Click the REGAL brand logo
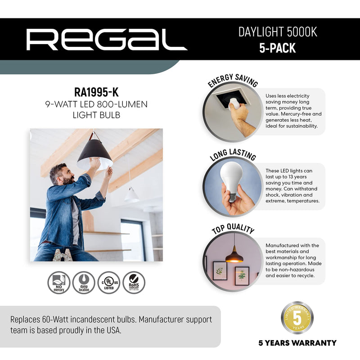pyautogui.click(x=107, y=40)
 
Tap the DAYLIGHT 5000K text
pyautogui.click(x=277, y=32)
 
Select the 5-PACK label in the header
pyautogui.click(x=277, y=48)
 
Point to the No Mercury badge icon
pyautogui.click(x=58, y=283)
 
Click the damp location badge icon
pyautogui.click(x=84, y=283)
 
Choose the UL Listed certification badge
pyautogui.click(x=109, y=283)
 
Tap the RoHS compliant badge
pyautogui.click(x=134, y=283)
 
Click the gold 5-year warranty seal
pyautogui.click(x=297, y=318)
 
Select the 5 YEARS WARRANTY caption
pyautogui.click(x=297, y=343)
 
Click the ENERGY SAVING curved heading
pyautogui.click(x=233, y=81)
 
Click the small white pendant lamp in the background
pyautogui.click(x=131, y=195)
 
